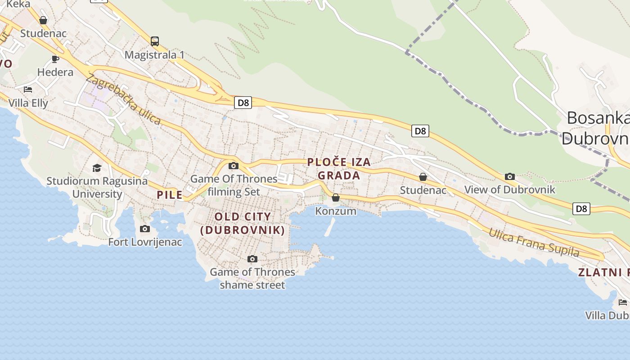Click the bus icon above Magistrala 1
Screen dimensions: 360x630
point(155,41)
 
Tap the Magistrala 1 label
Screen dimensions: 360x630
point(155,55)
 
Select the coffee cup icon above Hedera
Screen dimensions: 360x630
point(55,59)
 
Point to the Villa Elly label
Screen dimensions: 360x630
point(28,103)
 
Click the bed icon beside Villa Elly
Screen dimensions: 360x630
point(28,89)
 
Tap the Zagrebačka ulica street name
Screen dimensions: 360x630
point(123,99)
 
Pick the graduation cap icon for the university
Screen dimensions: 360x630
point(97,168)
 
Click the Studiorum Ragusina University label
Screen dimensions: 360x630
point(97,188)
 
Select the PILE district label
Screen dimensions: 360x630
point(170,195)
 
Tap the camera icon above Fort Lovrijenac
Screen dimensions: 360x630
point(145,229)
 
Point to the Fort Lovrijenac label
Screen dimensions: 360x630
point(145,242)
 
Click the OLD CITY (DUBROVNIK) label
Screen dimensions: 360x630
point(243,223)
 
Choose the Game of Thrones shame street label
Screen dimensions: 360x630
point(252,278)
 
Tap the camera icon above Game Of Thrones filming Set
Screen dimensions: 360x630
point(233,166)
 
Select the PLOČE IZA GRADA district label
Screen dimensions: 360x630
point(339,169)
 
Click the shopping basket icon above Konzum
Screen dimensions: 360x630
point(336,197)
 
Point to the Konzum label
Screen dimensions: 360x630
point(336,211)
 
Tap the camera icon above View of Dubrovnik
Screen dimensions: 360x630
point(510,176)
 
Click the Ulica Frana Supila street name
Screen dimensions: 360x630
point(534,242)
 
